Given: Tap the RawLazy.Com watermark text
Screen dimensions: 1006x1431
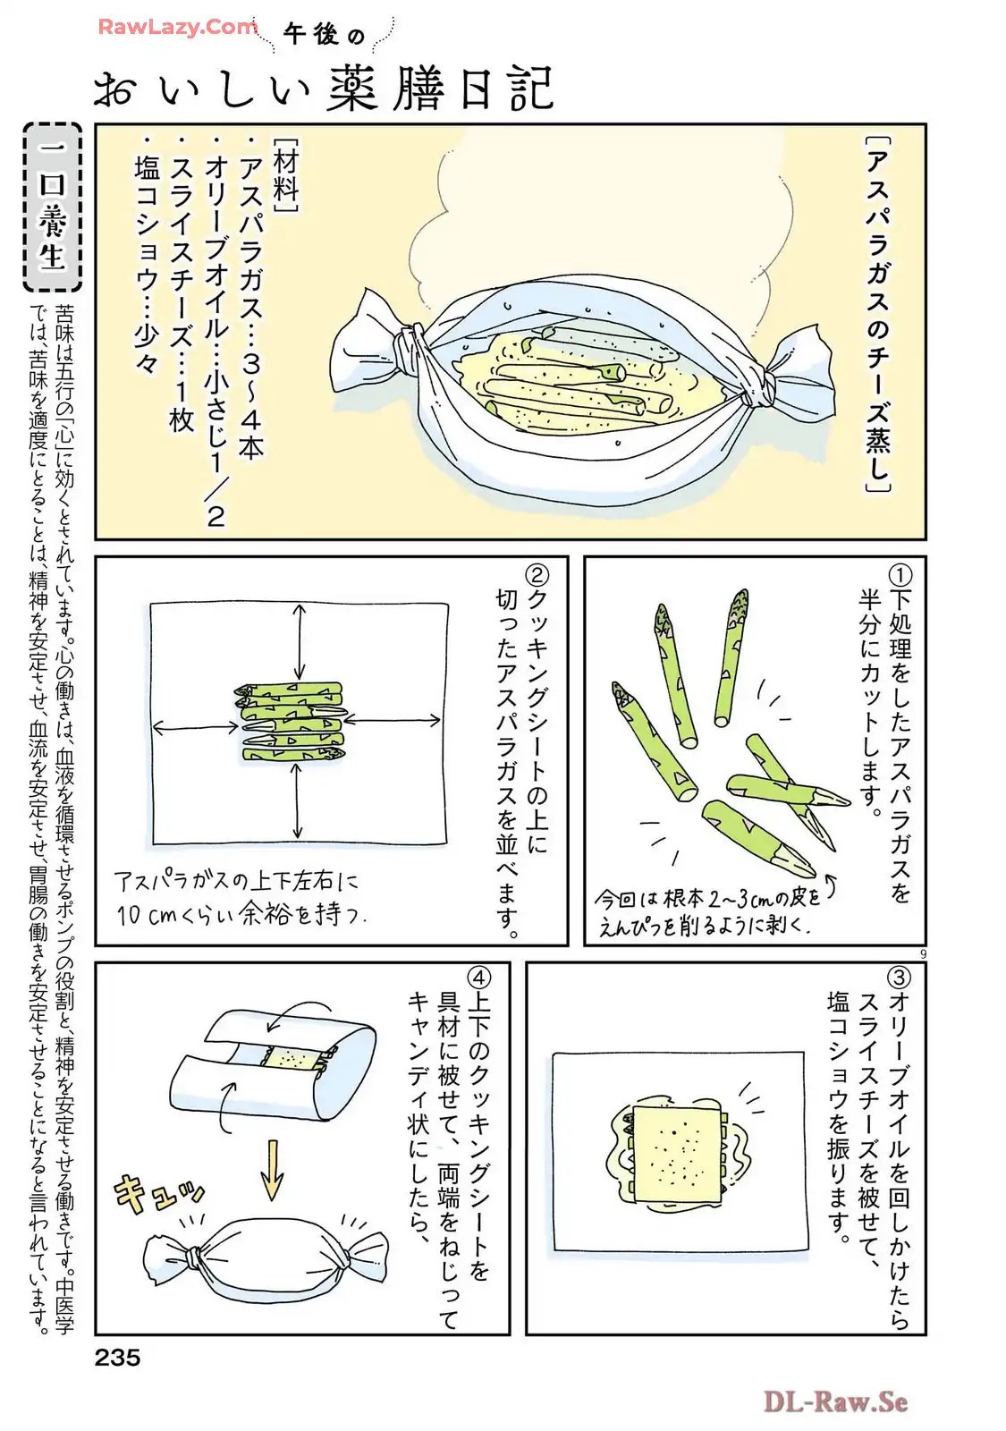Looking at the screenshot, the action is click(178, 27).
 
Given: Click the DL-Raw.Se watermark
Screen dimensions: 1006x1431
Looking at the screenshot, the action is click(835, 1402).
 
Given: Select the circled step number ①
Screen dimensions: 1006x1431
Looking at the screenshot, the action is click(900, 575).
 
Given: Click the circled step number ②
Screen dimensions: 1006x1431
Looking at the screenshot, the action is click(536, 575).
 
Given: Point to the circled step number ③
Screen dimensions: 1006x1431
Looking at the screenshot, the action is click(899, 978).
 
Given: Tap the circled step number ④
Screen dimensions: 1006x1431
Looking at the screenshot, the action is click(479, 978).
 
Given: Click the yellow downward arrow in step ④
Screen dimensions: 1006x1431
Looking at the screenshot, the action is click(273, 1169).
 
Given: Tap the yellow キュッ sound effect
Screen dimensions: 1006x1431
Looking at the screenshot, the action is click(157, 1191).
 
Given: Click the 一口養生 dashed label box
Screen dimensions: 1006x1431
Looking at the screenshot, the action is click(53, 207).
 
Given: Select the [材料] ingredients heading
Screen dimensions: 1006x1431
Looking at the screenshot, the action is click(285, 174).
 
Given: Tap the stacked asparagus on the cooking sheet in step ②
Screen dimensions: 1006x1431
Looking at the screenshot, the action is click(292, 722).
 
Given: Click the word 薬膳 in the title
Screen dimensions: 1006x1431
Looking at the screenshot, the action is click(385, 89).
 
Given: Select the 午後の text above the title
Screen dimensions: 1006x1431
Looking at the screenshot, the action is click(324, 35).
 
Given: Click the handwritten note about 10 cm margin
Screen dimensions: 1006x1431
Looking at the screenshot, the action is click(240, 898).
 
